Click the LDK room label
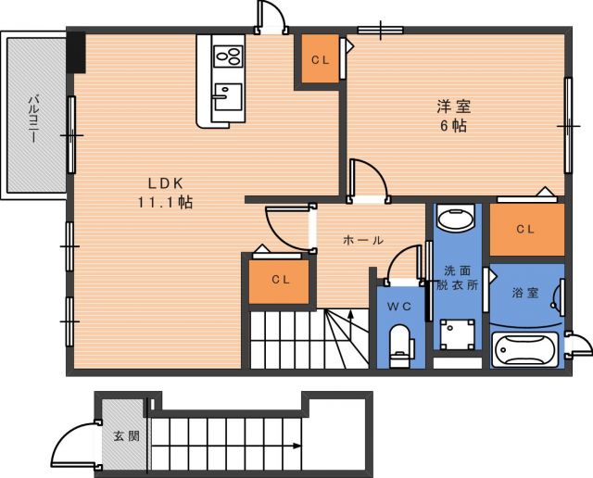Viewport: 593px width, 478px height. click(166, 183)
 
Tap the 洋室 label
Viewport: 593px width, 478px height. click(454, 107)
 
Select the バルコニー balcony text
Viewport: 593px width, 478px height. click(34, 119)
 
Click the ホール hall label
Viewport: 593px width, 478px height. click(363, 240)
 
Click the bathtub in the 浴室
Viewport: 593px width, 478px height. click(525, 350)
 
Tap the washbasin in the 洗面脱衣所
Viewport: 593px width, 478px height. click(455, 217)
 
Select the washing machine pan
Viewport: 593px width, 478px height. click(457, 334)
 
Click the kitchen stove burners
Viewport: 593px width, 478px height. click(228, 57)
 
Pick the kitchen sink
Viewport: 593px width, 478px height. click(228, 97)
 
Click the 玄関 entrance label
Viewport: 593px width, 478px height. click(127, 436)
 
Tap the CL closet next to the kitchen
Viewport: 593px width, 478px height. click(320, 59)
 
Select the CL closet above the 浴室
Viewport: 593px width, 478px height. click(526, 229)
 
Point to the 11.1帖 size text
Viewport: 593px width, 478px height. click(165, 203)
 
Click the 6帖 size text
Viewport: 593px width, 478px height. click(453, 126)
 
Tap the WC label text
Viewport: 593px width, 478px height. click(399, 307)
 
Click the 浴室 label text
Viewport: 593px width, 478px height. click(525, 293)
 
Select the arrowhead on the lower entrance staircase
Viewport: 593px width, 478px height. click(297, 447)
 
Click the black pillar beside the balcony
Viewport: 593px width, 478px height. click(76, 53)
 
